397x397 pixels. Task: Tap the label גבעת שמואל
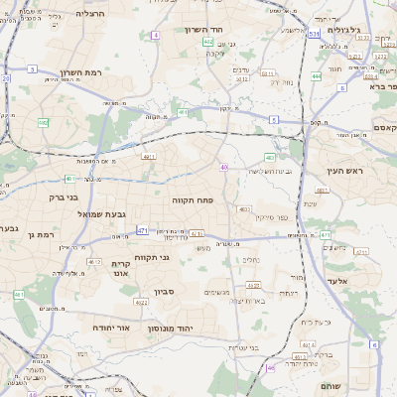(96, 213)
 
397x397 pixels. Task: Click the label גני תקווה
(151, 258)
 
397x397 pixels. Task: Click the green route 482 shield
(44, 122)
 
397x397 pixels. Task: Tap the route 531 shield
(314, 34)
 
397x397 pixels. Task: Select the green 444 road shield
(317, 75)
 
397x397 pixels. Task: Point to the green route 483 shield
(270, 158)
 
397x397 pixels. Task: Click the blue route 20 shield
(5, 77)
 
